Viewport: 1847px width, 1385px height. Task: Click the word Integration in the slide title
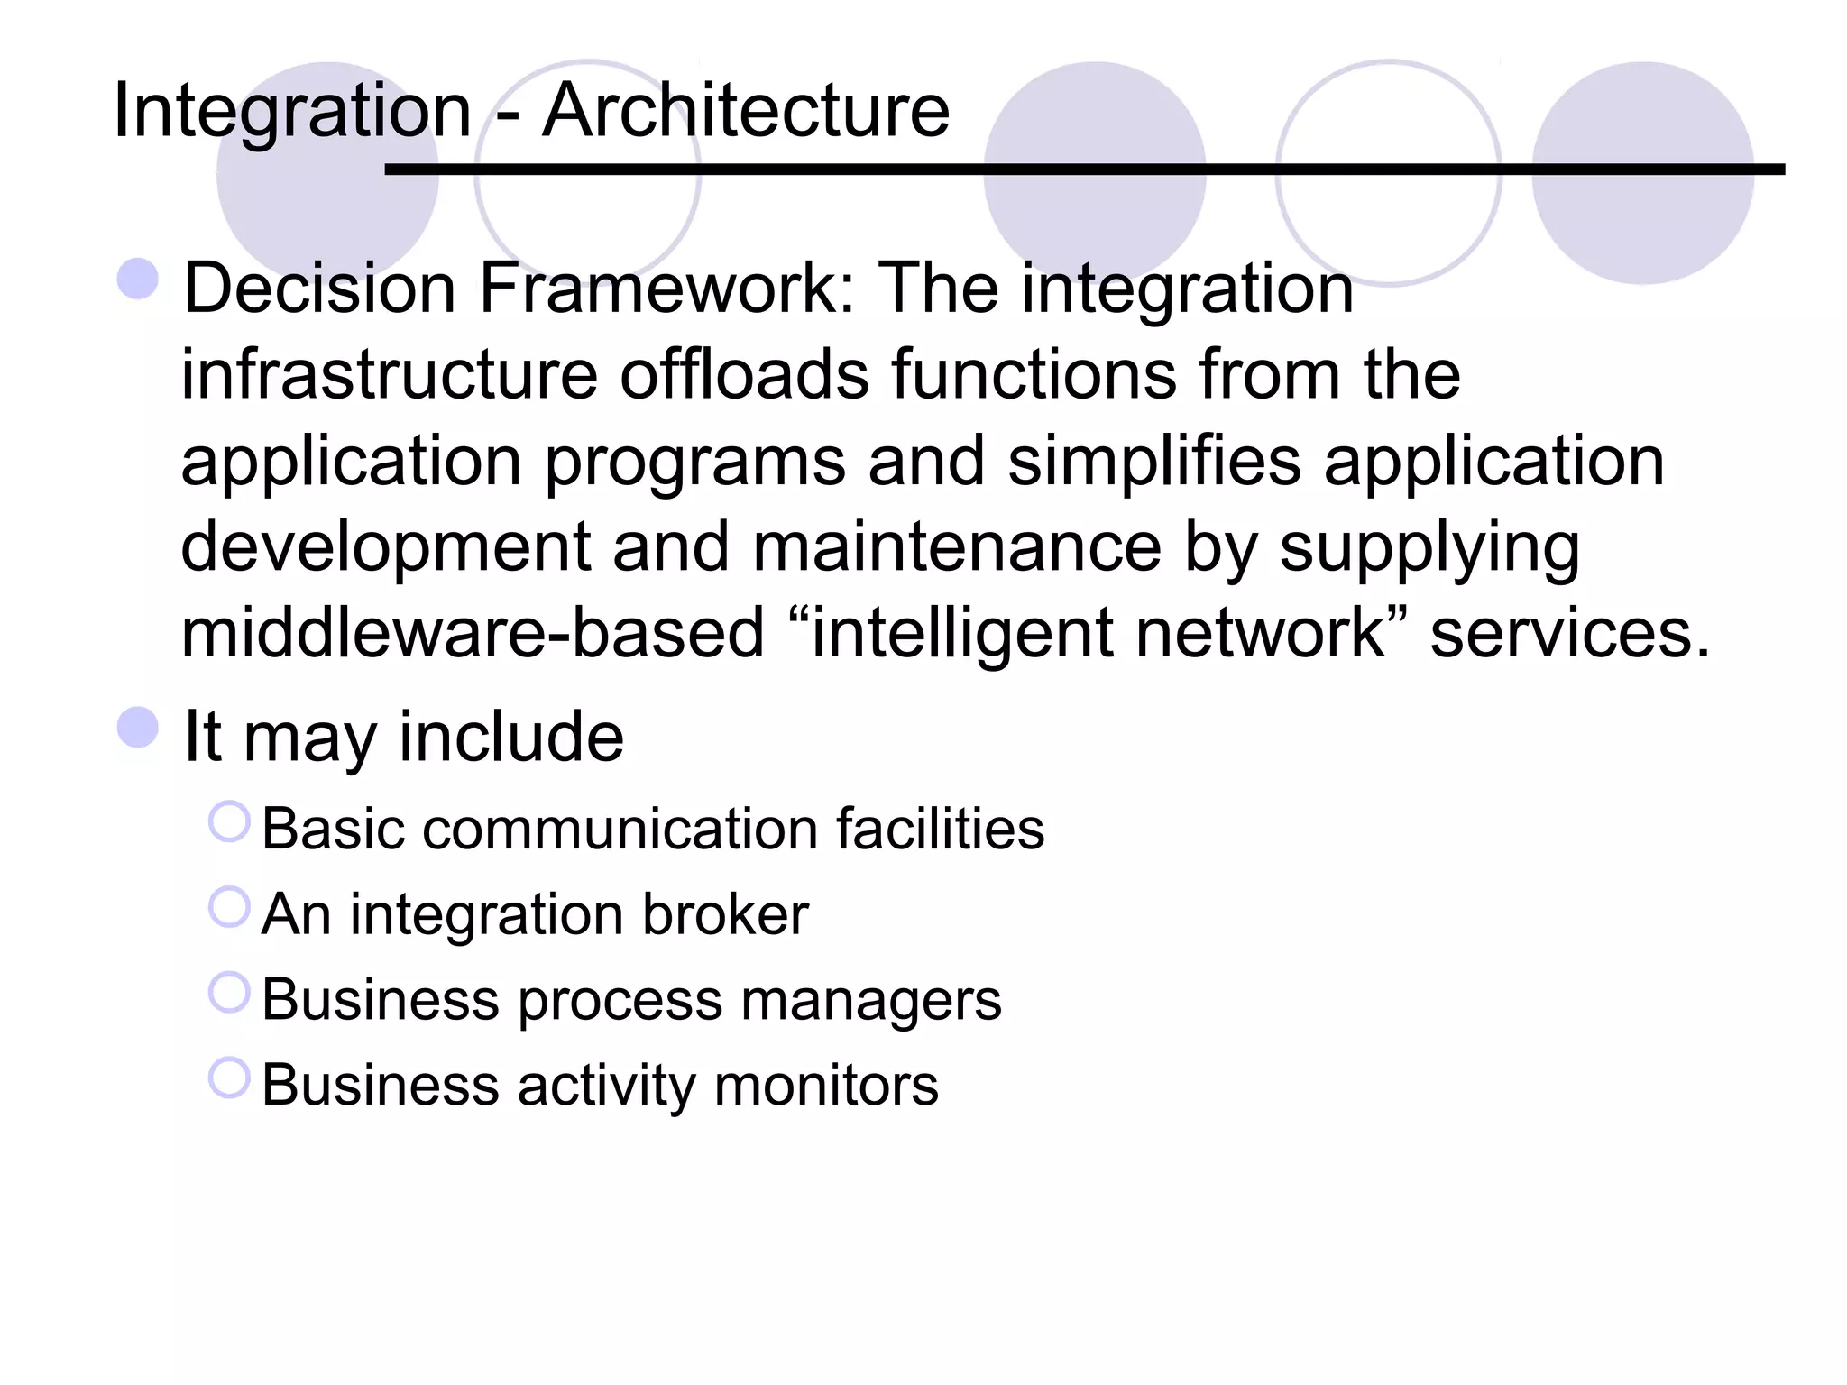tap(292, 112)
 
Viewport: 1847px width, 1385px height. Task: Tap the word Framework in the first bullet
tap(667, 289)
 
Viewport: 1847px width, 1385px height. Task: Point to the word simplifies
tap(1153, 461)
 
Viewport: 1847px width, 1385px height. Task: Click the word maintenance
tap(956, 547)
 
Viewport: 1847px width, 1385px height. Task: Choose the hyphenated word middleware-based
tap(472, 633)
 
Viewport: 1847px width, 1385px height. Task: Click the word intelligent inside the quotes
tap(961, 635)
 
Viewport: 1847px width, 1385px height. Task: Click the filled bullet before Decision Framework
tap(138, 279)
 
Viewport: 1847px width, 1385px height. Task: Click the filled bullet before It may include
tap(138, 727)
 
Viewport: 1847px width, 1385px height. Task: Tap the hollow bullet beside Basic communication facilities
tap(229, 821)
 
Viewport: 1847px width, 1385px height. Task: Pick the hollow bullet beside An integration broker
tap(229, 907)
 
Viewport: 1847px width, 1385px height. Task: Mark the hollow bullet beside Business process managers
tap(229, 992)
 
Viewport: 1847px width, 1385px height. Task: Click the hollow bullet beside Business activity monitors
tap(229, 1078)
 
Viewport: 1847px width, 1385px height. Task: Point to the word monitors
tap(826, 1085)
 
